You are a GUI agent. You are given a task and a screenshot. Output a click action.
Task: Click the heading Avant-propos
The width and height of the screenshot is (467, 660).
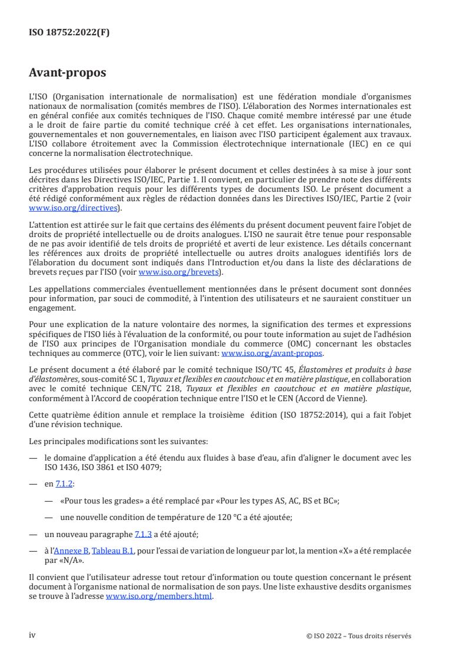[x=67, y=74]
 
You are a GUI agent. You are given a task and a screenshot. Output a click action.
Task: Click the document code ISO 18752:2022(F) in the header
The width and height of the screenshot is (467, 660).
[x=69, y=33]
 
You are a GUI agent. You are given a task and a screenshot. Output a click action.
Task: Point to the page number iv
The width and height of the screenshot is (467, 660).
[x=33, y=635]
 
